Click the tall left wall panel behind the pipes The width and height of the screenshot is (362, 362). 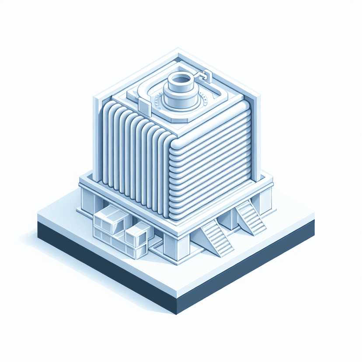point(98,136)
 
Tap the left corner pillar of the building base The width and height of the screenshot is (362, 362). point(86,199)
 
